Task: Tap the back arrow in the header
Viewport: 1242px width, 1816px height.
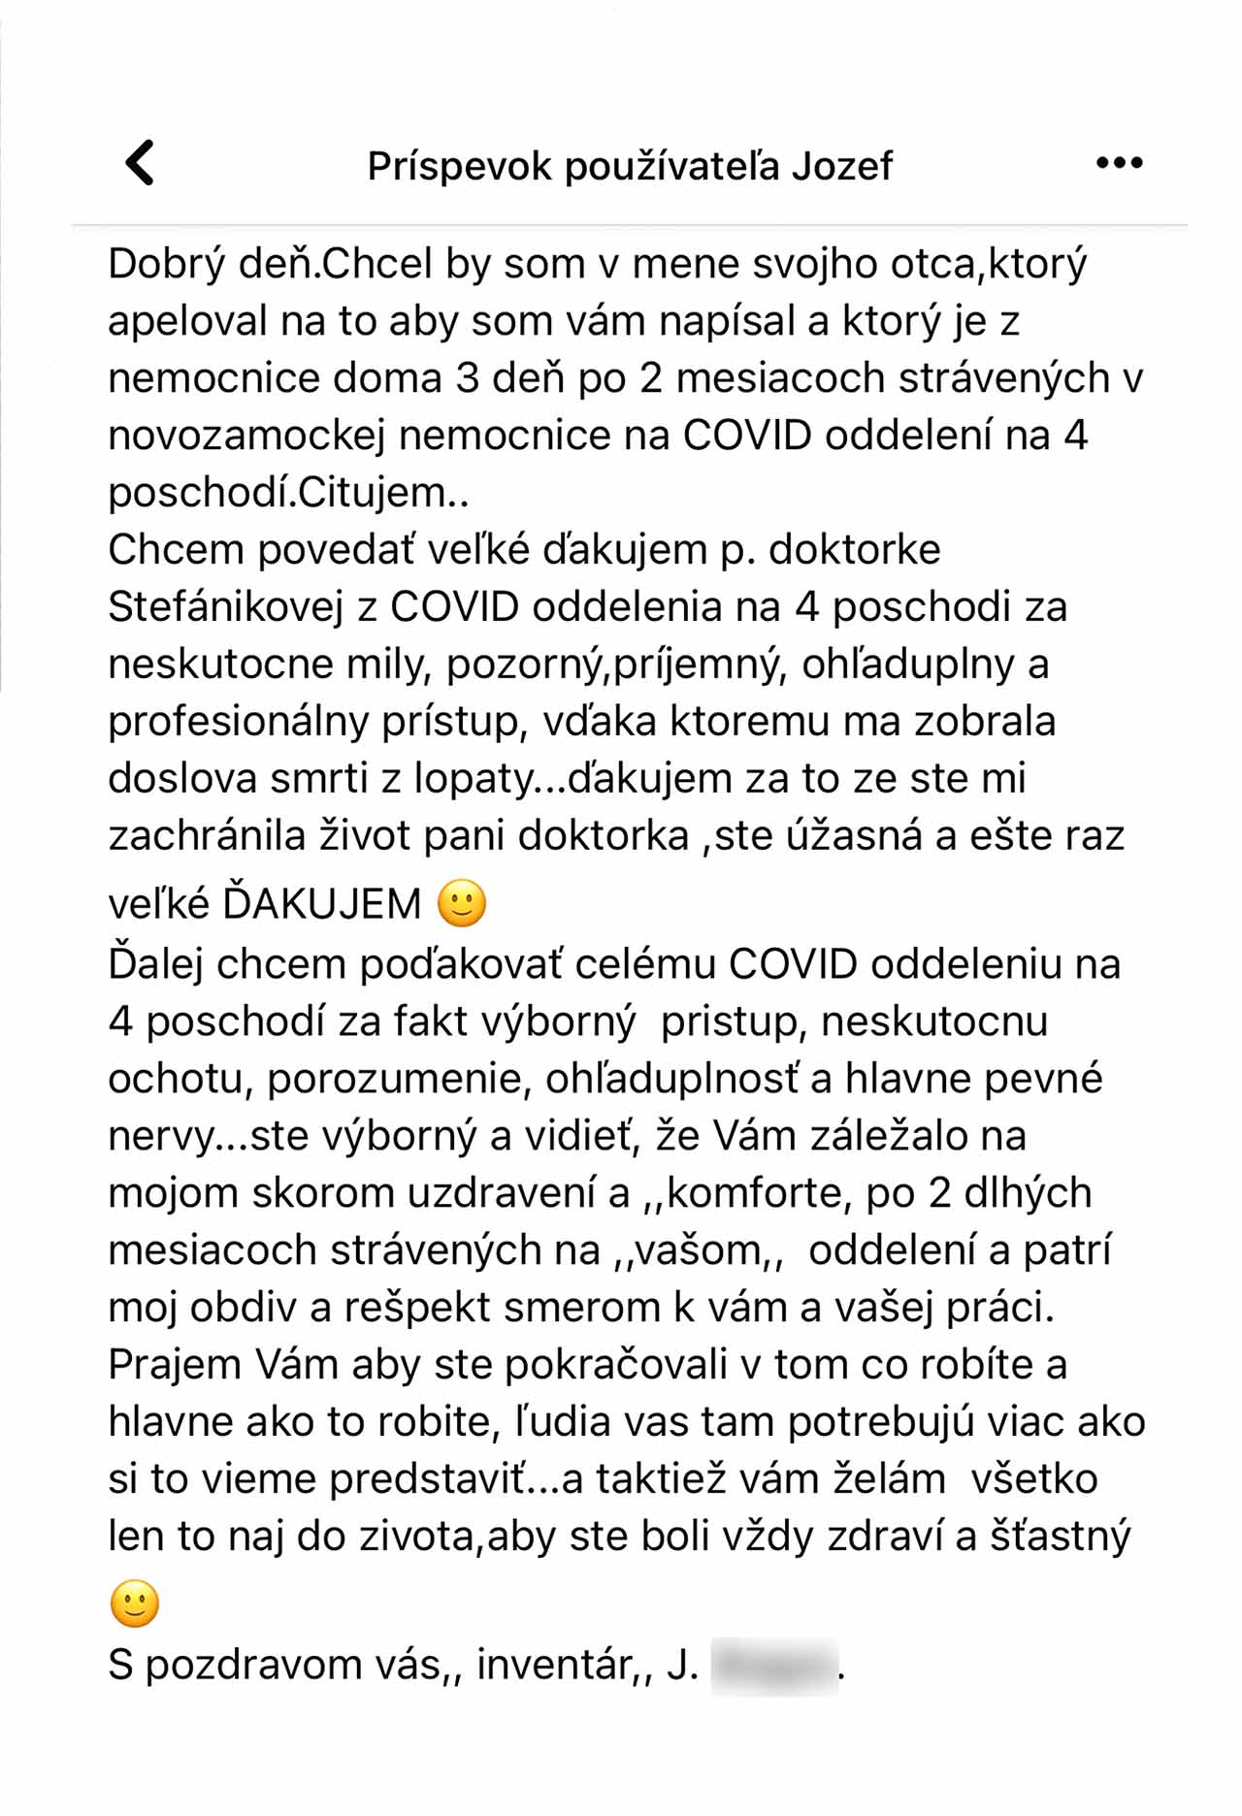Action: point(141,163)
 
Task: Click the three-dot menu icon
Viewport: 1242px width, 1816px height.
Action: point(1119,163)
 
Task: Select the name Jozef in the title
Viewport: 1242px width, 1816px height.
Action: point(841,166)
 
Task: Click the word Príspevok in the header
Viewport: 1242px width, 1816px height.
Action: point(459,166)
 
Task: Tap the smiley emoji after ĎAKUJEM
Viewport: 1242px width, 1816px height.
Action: point(462,903)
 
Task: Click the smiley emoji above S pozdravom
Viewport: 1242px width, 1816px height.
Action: point(134,1603)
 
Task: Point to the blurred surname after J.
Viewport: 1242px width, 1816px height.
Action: point(774,1665)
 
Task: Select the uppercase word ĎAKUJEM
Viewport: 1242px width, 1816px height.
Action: point(322,904)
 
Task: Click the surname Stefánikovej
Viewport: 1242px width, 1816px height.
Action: point(226,607)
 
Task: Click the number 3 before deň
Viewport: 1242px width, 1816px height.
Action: point(468,378)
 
